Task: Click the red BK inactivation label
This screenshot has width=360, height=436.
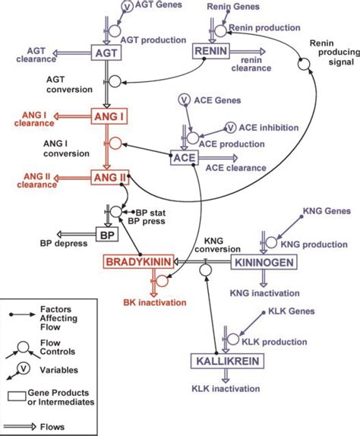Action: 155,302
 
